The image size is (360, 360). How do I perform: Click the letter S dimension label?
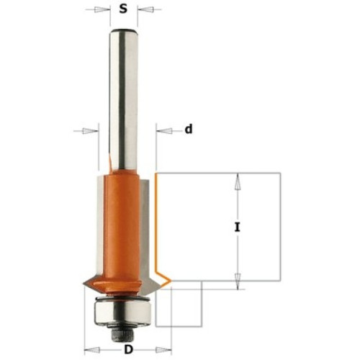click(x=123, y=9)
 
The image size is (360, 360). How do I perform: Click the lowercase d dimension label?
click(x=189, y=130)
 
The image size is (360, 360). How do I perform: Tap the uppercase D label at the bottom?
click(x=128, y=350)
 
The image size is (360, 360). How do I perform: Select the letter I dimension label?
click(x=237, y=227)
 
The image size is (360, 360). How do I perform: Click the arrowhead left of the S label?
click(x=102, y=10)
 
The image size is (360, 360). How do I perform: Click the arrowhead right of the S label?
click(x=145, y=10)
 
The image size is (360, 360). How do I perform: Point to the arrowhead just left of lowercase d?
click(x=165, y=131)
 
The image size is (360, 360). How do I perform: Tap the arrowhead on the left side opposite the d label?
click(x=90, y=131)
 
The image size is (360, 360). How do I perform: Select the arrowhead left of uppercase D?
click(x=93, y=350)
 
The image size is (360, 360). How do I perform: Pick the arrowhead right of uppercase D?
click(x=163, y=350)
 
